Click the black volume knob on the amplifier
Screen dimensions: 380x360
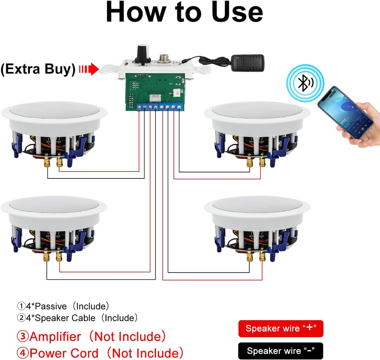click(143, 54)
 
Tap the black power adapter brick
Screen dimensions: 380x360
click(247, 63)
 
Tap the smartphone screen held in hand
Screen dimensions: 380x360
click(345, 113)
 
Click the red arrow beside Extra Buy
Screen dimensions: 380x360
click(89, 69)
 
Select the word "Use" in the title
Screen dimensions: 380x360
click(237, 12)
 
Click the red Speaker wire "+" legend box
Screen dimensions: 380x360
click(281, 328)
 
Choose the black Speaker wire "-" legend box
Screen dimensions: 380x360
click(281, 351)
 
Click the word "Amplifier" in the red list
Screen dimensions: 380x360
click(55, 337)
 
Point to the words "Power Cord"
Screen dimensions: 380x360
click(64, 353)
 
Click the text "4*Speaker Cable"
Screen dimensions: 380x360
click(61, 318)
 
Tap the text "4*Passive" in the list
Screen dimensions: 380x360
click(46, 306)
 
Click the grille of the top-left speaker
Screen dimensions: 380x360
click(55, 110)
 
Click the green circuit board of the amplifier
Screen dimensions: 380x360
click(155, 91)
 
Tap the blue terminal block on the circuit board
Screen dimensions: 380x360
click(159, 106)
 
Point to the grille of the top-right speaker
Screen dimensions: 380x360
click(257, 110)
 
